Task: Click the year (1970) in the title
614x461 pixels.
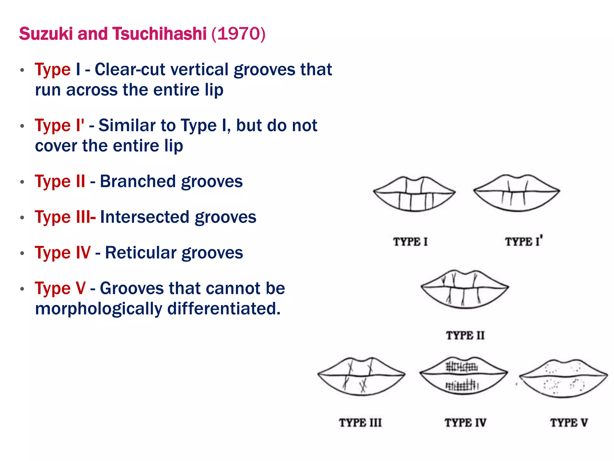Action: click(238, 34)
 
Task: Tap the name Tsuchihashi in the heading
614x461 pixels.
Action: click(159, 34)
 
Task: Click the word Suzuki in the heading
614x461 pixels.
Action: click(46, 34)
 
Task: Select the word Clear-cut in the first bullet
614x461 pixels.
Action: click(130, 70)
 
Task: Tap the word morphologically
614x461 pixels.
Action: click(98, 309)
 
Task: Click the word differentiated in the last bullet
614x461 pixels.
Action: click(224, 309)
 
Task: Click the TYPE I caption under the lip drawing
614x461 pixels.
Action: click(410, 242)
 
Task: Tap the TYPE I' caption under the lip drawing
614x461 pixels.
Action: click(523, 241)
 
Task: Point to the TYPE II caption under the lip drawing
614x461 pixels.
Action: click(465, 335)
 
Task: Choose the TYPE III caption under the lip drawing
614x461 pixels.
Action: click(360, 423)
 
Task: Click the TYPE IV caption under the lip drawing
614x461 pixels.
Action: click(465, 423)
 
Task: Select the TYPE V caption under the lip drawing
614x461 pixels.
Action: click(569, 423)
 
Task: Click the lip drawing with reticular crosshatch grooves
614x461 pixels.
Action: click(463, 376)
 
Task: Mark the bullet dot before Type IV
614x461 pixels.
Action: click(22, 253)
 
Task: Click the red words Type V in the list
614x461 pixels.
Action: click(60, 288)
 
